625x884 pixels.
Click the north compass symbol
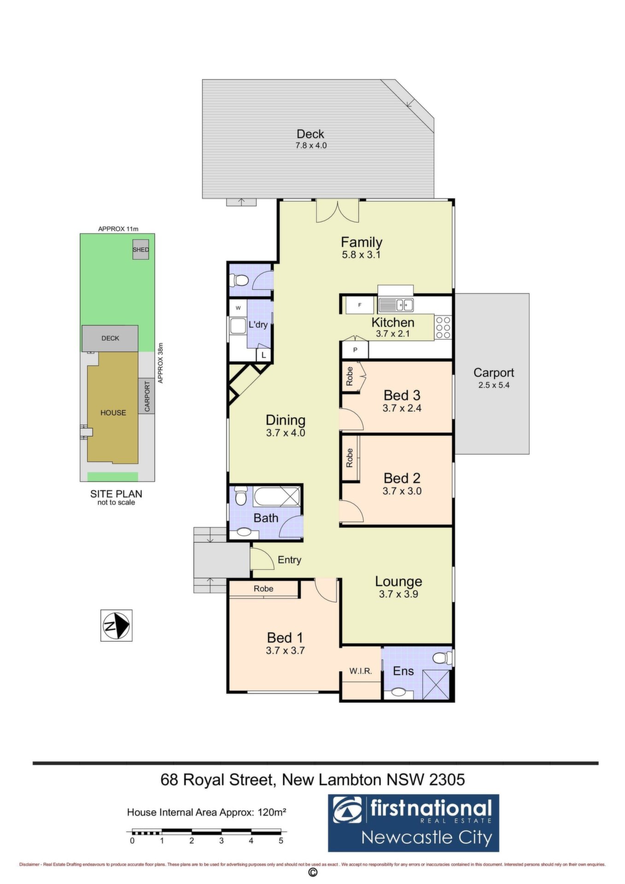[x=117, y=625]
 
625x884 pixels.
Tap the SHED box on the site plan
[x=140, y=250]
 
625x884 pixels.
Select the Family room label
[x=362, y=247]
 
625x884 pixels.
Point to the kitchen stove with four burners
[x=443, y=327]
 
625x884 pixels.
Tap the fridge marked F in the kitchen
[x=360, y=305]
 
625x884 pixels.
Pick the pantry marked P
[x=355, y=350]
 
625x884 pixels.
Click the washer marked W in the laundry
[x=238, y=308]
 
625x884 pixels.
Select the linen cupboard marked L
[x=263, y=355]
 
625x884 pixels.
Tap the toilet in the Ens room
[x=443, y=657]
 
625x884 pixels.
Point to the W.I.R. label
[x=360, y=671]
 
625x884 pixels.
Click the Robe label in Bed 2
[x=350, y=458]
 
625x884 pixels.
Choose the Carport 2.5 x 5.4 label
[x=494, y=378]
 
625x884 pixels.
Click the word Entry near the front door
[x=289, y=560]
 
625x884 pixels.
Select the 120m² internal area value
[x=272, y=812]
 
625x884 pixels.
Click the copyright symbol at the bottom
[x=312, y=872]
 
